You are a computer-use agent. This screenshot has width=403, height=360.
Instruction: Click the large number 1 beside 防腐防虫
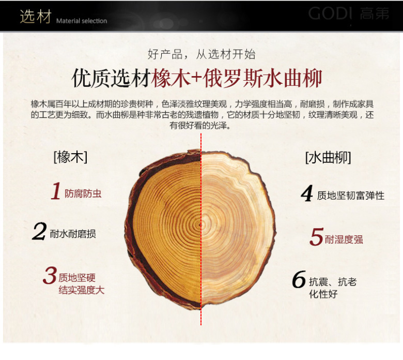(x=55, y=191)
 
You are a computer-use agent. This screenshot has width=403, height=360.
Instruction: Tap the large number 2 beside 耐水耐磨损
(x=39, y=231)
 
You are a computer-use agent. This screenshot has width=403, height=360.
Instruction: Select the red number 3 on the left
(x=50, y=275)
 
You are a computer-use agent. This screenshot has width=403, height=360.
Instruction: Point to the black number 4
(x=307, y=193)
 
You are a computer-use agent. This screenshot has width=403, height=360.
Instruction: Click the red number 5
(x=316, y=236)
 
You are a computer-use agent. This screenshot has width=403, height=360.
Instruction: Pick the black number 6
(x=299, y=279)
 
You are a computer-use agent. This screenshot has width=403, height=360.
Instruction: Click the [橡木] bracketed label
(x=70, y=157)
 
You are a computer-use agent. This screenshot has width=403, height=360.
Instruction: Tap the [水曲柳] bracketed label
(x=328, y=157)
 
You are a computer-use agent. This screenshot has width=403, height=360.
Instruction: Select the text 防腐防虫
(x=83, y=193)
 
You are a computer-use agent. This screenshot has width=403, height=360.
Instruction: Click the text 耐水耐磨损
(x=73, y=234)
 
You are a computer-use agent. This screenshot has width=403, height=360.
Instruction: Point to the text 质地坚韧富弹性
(x=351, y=196)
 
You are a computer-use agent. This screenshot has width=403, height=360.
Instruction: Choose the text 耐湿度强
(x=344, y=239)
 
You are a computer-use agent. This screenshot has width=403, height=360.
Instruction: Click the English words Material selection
(x=82, y=21)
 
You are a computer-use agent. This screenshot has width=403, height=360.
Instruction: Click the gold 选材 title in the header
(x=36, y=17)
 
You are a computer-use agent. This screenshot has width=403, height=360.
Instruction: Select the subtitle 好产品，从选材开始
(x=202, y=54)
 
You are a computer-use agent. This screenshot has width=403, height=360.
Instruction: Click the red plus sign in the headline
(x=196, y=78)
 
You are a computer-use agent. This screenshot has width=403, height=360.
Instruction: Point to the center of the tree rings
(x=201, y=224)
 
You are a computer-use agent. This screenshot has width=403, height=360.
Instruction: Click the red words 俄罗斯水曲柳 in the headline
(x=262, y=78)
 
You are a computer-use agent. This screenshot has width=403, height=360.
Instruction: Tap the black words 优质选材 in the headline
(x=111, y=78)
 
